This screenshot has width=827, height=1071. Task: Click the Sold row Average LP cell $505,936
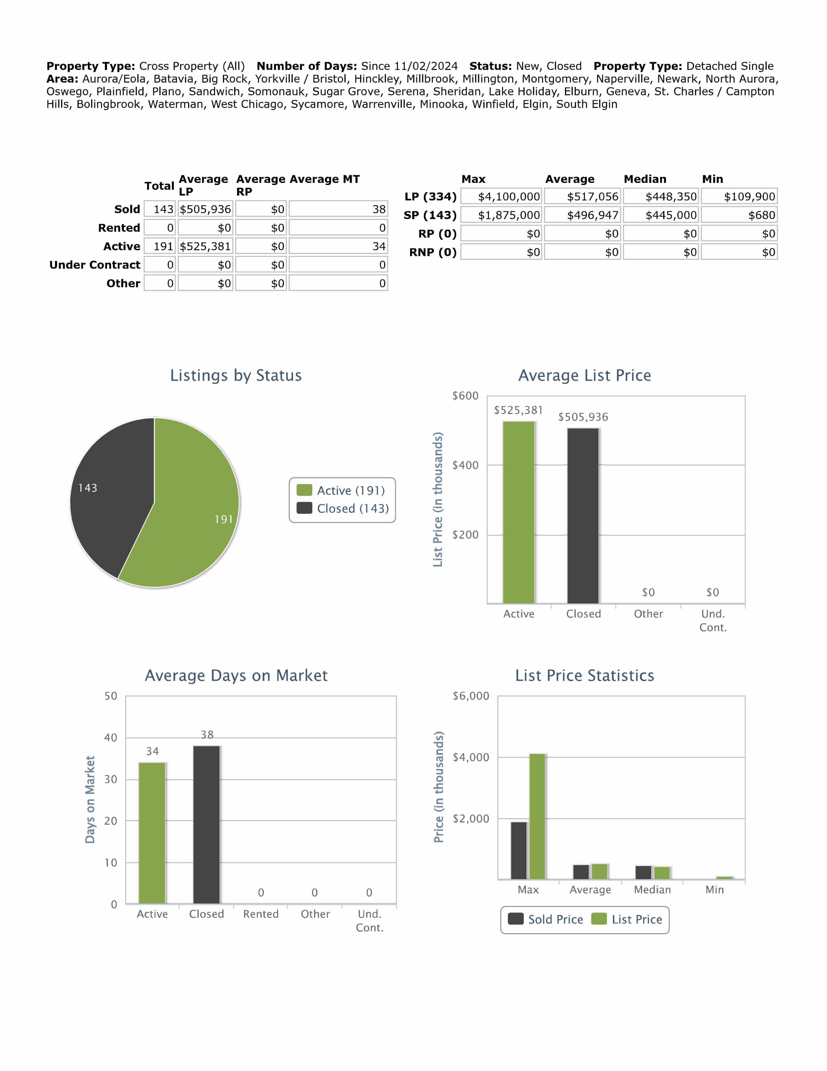point(205,210)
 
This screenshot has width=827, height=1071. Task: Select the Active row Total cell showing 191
point(160,246)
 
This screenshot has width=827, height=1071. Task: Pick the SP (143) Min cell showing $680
point(739,215)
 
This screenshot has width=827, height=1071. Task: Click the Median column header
point(645,179)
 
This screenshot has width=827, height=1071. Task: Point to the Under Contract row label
point(94,265)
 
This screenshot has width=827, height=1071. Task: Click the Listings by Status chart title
point(236,375)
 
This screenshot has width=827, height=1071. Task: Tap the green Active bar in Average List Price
point(519,512)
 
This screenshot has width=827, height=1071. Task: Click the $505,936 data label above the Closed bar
point(583,417)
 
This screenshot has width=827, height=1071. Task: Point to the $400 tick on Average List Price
point(465,465)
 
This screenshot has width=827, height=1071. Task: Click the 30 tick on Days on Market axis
point(111,779)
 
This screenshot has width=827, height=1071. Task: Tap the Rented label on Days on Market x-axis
point(261,914)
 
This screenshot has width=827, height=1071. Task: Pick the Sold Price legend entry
point(546,920)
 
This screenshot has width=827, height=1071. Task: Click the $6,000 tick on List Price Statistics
point(471,696)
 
